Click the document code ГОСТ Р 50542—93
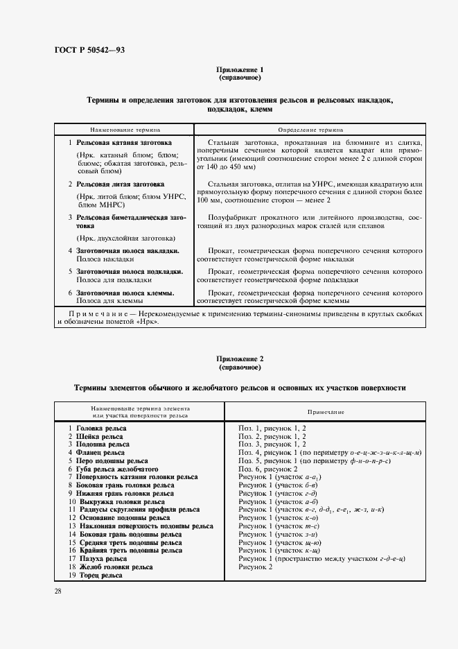(x=89, y=50)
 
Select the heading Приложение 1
(x=239, y=70)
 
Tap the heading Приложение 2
(x=239, y=358)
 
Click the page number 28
(x=58, y=591)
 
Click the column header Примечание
(x=322, y=412)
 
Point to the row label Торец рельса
(x=98, y=575)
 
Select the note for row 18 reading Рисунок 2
(x=256, y=566)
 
